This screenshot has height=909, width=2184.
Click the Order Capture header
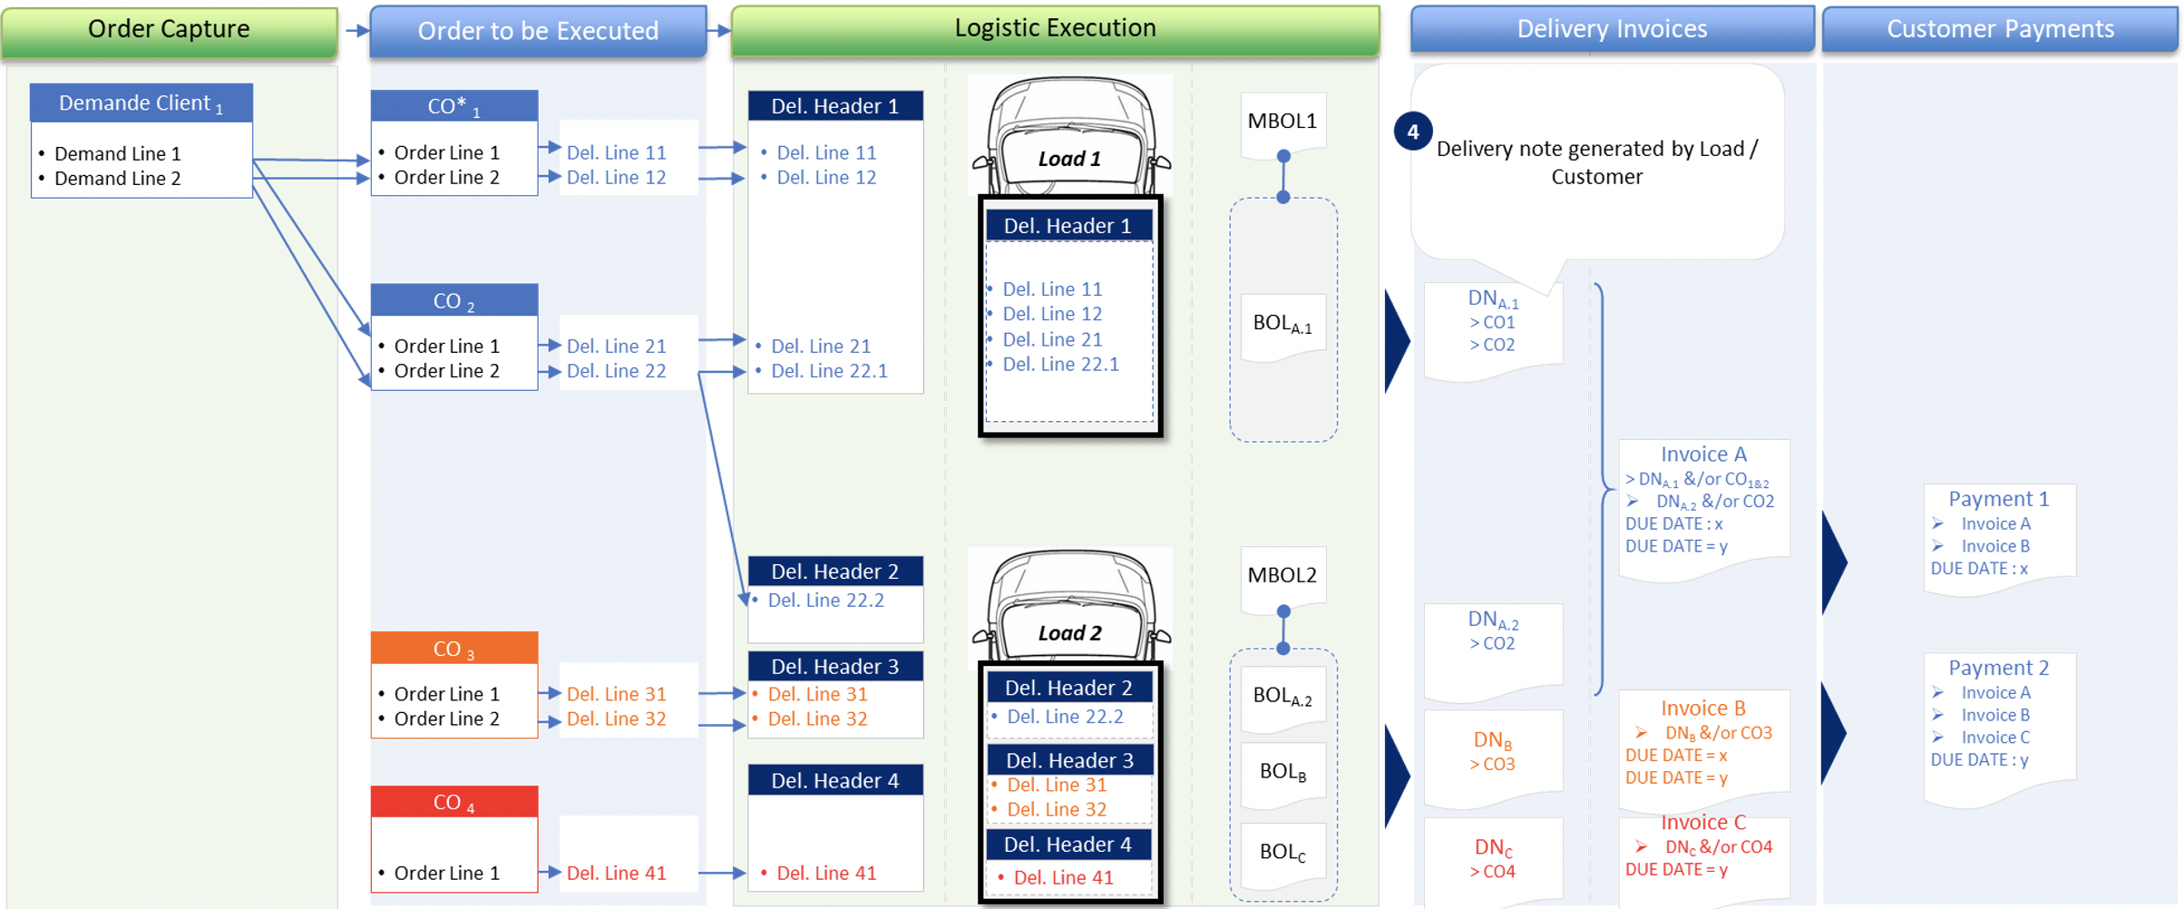coord(169,30)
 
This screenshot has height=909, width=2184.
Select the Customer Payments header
coord(2000,30)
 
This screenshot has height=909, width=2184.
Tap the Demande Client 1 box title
coord(141,103)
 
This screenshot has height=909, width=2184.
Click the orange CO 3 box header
coord(453,649)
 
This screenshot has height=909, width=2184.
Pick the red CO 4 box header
coord(453,802)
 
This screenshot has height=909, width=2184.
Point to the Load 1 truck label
coord(1069,160)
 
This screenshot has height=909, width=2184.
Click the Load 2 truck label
coord(1069,633)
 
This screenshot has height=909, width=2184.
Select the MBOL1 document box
coord(1282,122)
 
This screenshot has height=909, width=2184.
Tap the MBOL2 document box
coord(1282,575)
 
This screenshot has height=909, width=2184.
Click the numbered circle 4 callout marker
coord(1412,132)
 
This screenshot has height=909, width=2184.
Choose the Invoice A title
coord(1703,454)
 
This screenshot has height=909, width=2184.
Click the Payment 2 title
coord(1998,668)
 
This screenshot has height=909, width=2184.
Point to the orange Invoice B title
coord(1702,709)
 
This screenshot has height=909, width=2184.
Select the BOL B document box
coord(1282,772)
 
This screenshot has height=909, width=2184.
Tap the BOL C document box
coord(1282,852)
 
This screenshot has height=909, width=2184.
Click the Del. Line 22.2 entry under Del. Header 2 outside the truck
coord(825,601)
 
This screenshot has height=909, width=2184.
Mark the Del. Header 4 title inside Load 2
coord(1068,845)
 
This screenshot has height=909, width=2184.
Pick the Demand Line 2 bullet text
coord(117,179)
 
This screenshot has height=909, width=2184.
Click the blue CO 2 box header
coord(453,301)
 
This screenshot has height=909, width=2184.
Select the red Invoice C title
coord(1702,823)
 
